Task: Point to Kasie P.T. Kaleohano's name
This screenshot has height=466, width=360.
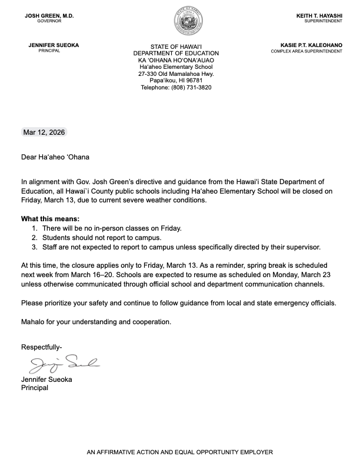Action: (x=312, y=45)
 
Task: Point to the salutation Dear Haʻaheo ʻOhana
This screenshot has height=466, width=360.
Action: (x=57, y=157)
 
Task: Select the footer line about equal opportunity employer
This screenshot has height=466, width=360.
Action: (x=180, y=452)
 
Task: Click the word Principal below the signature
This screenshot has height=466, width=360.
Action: (x=35, y=388)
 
